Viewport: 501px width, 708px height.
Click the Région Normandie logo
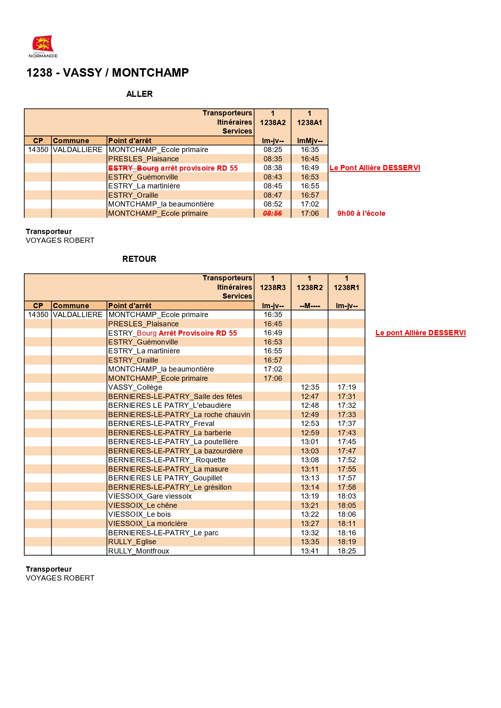(43, 46)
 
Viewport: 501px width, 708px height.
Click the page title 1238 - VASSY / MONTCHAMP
(107, 73)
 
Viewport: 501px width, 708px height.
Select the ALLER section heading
(139, 94)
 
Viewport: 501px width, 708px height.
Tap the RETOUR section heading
(139, 259)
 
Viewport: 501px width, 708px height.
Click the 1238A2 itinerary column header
(273, 123)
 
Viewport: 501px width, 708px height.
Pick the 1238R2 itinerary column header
(310, 288)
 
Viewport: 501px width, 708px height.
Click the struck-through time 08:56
(273, 213)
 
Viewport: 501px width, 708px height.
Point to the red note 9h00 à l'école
(361, 213)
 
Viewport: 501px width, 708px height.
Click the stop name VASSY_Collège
(135, 387)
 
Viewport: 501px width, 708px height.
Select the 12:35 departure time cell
(310, 387)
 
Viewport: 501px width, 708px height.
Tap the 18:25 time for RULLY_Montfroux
(347, 551)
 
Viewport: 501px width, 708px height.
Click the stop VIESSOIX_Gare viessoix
(150, 496)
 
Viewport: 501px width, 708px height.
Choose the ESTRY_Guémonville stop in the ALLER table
(143, 177)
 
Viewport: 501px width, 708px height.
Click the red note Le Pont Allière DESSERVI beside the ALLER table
(375, 168)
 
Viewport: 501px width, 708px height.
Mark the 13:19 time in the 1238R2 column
(310, 496)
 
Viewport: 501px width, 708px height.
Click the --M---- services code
(310, 306)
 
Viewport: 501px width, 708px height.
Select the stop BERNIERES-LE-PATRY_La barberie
(170, 433)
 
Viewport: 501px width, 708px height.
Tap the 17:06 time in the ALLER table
(310, 213)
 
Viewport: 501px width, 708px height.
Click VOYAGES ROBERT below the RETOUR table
(60, 578)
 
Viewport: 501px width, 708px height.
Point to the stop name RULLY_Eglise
(132, 542)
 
